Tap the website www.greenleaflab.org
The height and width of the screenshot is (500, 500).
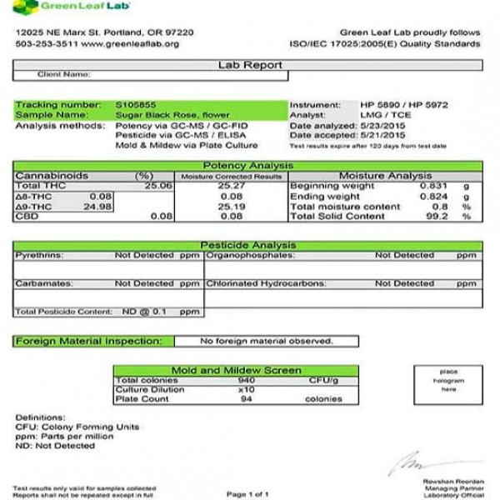click(137, 42)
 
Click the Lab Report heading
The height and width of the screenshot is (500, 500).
click(249, 64)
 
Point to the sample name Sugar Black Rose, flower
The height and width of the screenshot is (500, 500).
click(167, 115)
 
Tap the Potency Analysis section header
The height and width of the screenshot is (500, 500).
click(249, 167)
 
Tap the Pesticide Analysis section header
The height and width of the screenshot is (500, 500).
click(249, 246)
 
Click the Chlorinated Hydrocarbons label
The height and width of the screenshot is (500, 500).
click(262, 284)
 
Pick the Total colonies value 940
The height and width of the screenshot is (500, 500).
click(246, 380)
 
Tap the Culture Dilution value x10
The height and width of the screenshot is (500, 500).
click(246, 389)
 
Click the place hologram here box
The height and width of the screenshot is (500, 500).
click(448, 380)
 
